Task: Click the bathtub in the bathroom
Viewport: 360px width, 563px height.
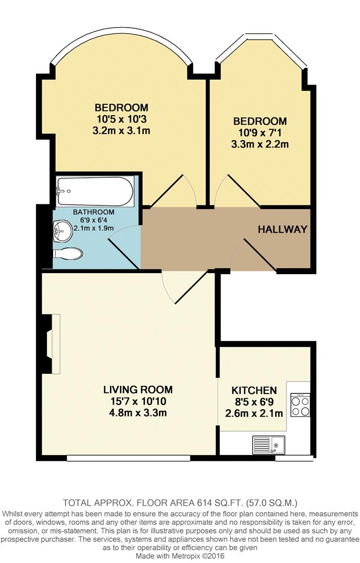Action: point(95,191)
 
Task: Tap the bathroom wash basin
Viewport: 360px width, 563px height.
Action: point(63,230)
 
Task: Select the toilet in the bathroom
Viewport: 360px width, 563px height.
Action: point(68,253)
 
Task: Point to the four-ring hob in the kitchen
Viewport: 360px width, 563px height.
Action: point(300,405)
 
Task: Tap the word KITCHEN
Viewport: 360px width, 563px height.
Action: point(254,390)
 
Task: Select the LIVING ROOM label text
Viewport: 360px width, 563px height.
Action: point(138,389)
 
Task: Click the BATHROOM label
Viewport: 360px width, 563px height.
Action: point(93,212)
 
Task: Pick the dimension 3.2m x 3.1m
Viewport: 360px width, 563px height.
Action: point(121,130)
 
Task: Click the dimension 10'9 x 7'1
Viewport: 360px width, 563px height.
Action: point(260,132)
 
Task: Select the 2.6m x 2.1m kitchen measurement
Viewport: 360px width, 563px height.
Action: point(254,414)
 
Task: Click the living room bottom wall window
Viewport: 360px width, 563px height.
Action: point(128,458)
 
